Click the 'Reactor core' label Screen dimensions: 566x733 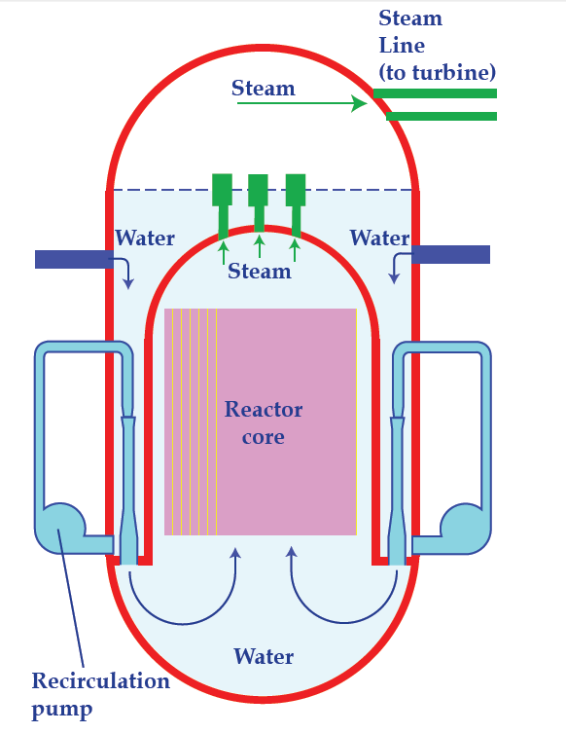tap(264, 422)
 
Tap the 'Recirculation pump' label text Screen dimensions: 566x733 tap(100, 695)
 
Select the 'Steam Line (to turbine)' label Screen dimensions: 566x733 tap(437, 46)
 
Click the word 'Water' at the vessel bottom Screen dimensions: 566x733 tap(264, 656)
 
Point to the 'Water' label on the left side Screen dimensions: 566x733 tap(145, 238)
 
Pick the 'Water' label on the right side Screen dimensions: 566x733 tap(379, 238)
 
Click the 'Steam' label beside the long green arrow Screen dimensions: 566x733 tap(264, 88)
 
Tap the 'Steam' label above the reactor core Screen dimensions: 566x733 tap(260, 272)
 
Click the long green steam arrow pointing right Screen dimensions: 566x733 tap(302, 103)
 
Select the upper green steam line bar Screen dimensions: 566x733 tap(435, 93)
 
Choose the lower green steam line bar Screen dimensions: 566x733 tap(442, 117)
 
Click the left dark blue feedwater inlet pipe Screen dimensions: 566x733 tap(74, 260)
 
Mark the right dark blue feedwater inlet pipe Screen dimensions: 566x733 tap(450, 254)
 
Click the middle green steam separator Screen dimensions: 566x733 tap(259, 202)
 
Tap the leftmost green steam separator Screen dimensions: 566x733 tap(223, 206)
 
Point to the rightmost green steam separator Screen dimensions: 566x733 tap(296, 205)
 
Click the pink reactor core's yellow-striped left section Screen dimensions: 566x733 tap(191, 421)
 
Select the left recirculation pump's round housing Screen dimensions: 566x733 tap(60, 529)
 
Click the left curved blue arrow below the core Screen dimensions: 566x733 tap(185, 624)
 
